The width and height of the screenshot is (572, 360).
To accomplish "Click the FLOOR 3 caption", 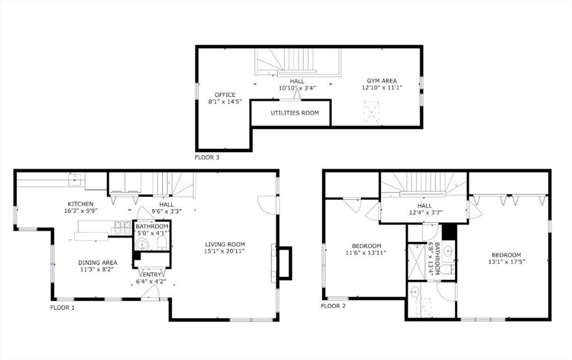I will [207, 157].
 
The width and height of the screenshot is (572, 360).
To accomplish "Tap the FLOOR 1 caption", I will [62, 307].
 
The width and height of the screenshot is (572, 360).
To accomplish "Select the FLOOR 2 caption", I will [333, 306].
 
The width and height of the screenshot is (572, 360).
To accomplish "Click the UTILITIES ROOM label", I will [295, 113].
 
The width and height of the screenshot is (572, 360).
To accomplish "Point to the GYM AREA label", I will [382, 81].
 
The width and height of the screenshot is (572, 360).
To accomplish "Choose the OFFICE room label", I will [225, 95].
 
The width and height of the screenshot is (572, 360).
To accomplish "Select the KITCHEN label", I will [81, 204].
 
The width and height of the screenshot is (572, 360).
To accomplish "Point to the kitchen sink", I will [74, 179].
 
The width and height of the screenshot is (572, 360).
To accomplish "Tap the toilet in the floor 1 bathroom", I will [161, 242].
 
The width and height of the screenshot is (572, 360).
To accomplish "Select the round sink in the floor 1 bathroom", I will [142, 244].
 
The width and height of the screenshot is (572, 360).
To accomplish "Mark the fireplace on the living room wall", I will [283, 262].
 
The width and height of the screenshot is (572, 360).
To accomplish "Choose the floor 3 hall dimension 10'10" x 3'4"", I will [297, 88].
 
